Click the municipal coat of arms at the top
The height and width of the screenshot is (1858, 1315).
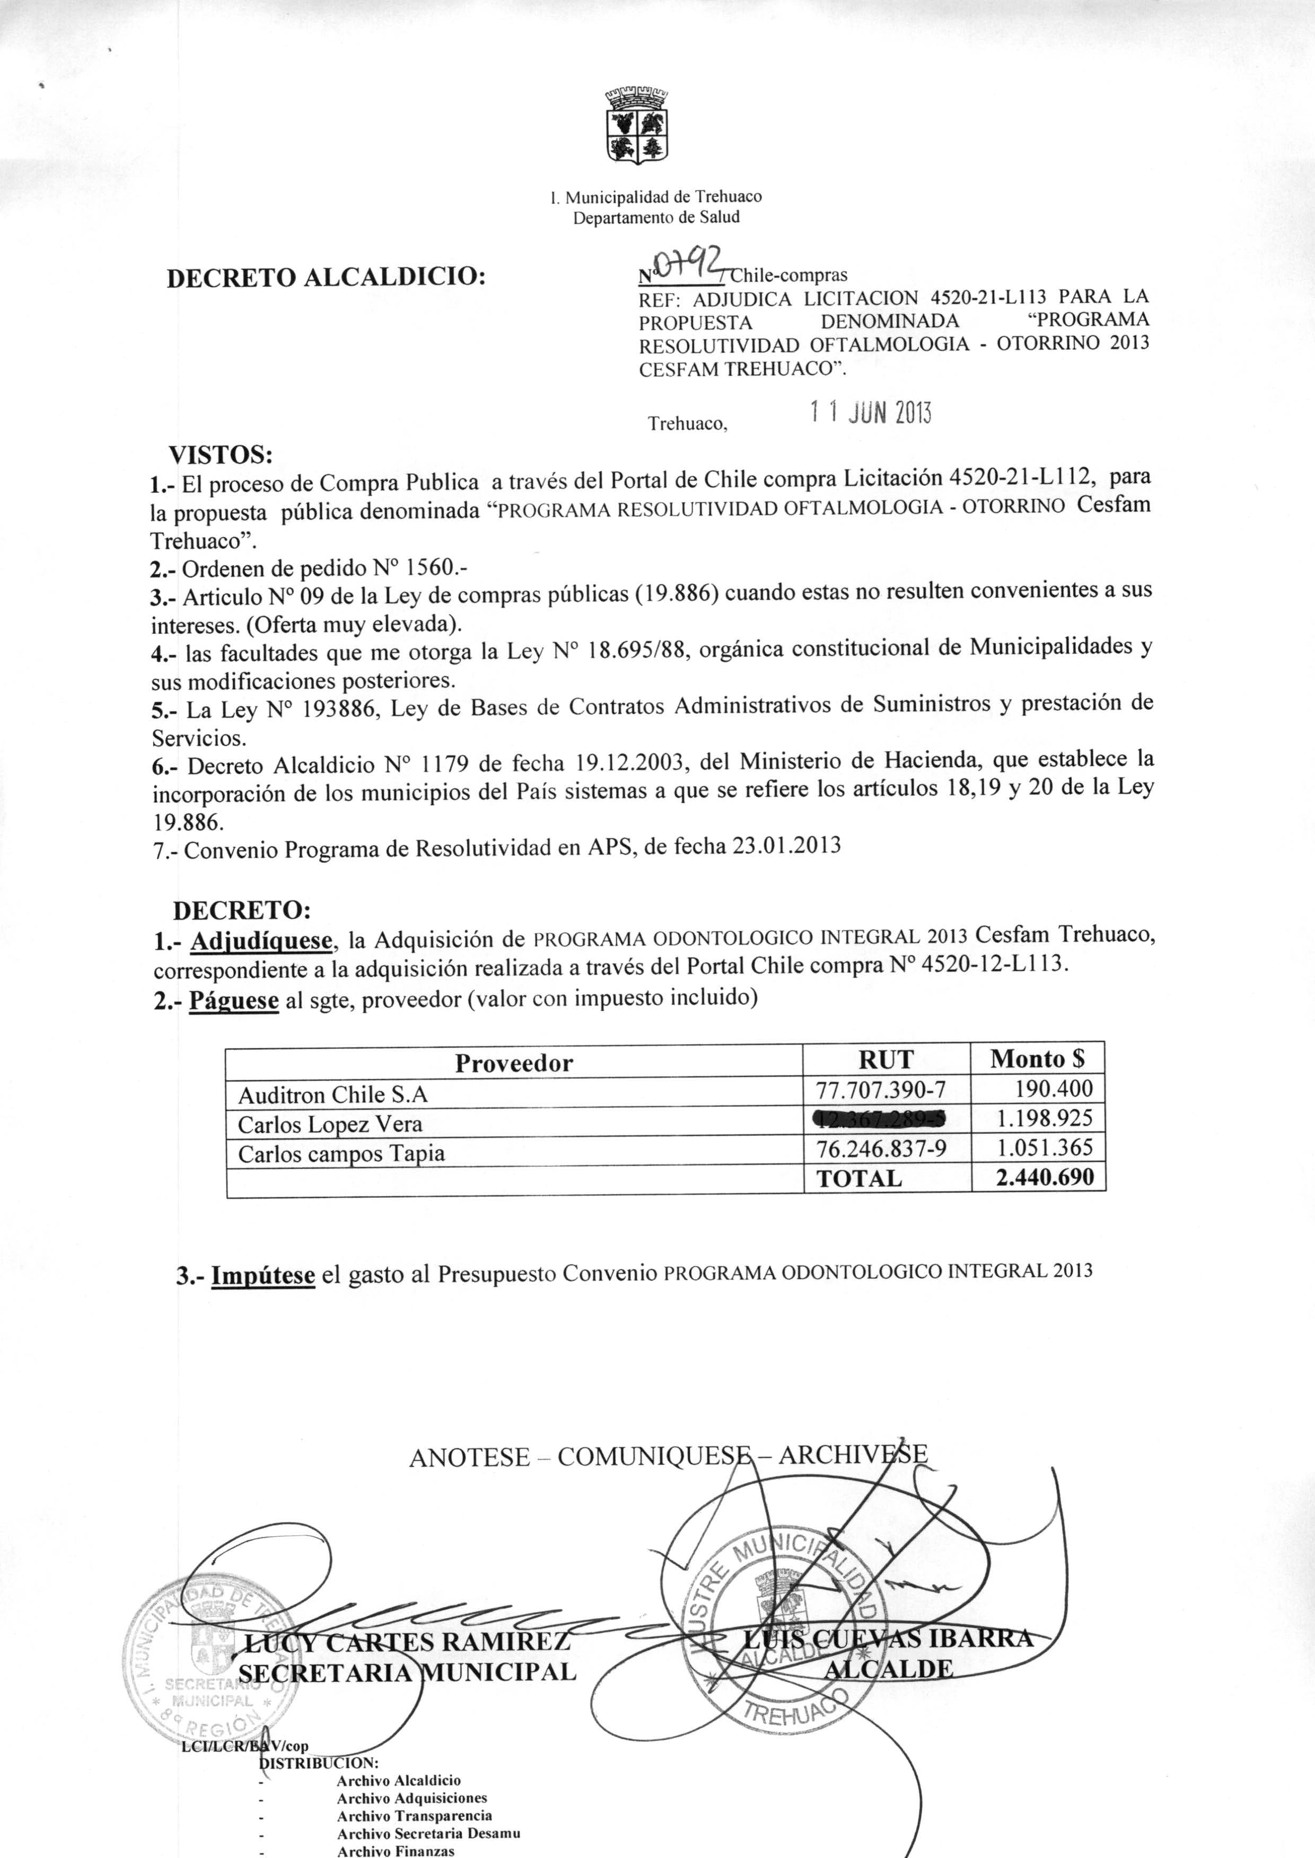click(636, 127)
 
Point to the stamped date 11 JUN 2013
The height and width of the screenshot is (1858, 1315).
click(871, 414)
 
